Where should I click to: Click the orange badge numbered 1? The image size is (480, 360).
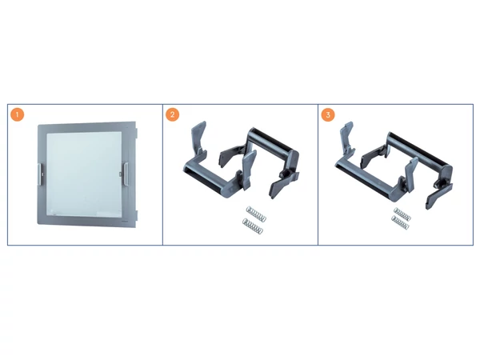[17, 114]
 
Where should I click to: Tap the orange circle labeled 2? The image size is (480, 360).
[172, 114]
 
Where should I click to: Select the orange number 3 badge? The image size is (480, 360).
[328, 114]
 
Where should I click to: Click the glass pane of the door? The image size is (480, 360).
[84, 174]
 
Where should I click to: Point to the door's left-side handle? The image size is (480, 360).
[40, 174]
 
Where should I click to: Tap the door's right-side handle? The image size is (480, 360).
[126, 174]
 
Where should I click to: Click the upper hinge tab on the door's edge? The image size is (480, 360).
[137, 133]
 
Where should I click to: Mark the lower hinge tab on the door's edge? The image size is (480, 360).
[137, 215]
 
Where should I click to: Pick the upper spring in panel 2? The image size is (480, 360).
[256, 214]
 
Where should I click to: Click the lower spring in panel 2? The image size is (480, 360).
[253, 226]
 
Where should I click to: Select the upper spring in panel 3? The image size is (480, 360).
[402, 214]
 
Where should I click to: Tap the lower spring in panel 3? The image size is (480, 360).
[400, 222]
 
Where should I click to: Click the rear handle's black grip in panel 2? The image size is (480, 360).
[273, 141]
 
